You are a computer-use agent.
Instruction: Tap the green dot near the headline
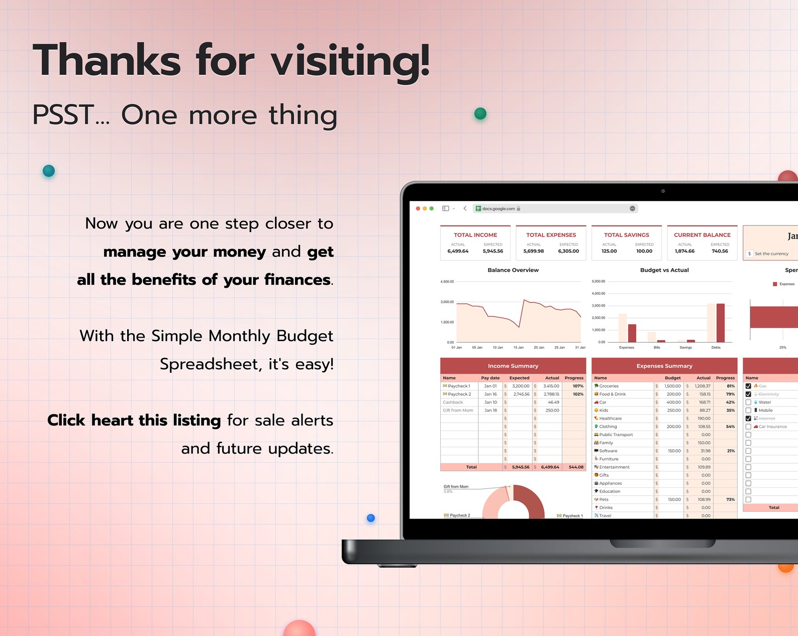click(x=480, y=114)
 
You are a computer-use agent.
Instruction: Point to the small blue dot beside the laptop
click(x=371, y=518)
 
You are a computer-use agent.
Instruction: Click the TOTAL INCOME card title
click(x=475, y=235)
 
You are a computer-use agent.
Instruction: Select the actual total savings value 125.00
click(x=609, y=251)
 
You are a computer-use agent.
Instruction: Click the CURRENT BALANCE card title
click(x=702, y=235)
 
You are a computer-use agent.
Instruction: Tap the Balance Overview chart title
click(x=513, y=270)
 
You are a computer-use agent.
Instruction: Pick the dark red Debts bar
click(x=721, y=323)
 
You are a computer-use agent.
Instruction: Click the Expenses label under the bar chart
click(x=627, y=348)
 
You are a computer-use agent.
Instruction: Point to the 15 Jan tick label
click(x=518, y=348)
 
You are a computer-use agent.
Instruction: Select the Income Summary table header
click(x=513, y=366)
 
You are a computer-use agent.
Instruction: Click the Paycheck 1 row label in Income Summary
click(x=459, y=386)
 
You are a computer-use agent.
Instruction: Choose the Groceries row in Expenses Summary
click(x=609, y=386)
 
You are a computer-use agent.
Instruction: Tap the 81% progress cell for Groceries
click(x=730, y=386)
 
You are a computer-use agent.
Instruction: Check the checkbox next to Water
click(x=748, y=402)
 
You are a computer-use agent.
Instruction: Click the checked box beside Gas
click(x=748, y=386)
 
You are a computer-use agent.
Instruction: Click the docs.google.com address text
click(x=498, y=208)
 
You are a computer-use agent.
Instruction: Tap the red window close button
click(x=418, y=208)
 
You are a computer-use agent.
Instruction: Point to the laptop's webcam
click(x=663, y=191)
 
